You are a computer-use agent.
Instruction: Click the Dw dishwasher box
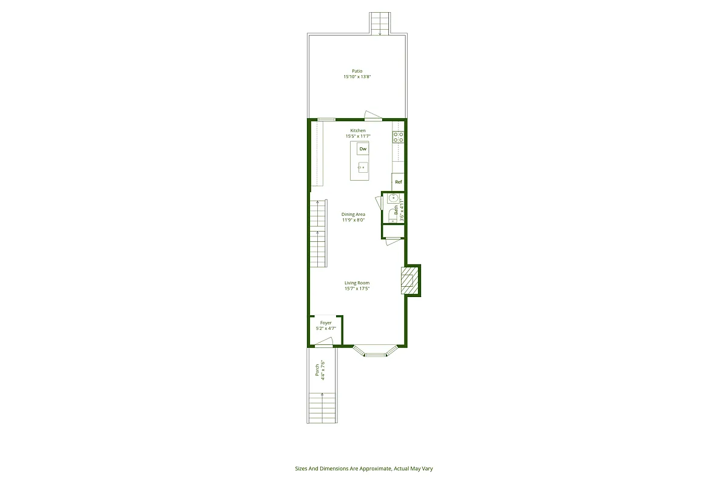point(363,149)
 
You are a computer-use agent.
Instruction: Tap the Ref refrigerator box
point(398,182)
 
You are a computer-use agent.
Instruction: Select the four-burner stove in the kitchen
point(398,137)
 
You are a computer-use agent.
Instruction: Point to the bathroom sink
point(393,198)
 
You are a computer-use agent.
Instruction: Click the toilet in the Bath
point(392,214)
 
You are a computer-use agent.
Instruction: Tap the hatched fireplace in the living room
point(409,281)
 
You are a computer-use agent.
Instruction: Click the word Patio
point(357,71)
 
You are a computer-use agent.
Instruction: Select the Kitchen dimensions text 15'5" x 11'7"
point(358,136)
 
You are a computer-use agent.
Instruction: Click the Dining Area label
point(353,214)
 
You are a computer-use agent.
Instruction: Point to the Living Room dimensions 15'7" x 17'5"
point(357,289)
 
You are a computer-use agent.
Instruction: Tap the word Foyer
point(326,323)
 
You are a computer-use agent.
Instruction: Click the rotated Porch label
point(317,370)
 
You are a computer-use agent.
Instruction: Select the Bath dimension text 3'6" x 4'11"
point(401,209)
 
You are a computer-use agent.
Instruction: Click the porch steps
point(323,407)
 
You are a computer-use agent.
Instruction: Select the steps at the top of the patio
point(380,22)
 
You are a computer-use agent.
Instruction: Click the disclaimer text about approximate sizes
point(363,468)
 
